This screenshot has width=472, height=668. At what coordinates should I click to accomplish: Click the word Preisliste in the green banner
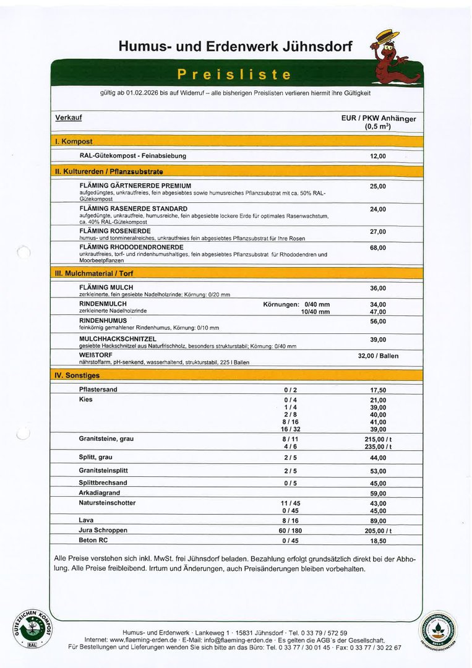(x=234, y=75)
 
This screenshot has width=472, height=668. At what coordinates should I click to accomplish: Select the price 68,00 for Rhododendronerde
(x=377, y=247)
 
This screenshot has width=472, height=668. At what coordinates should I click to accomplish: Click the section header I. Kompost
(x=74, y=142)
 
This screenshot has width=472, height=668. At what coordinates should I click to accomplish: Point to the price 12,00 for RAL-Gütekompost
(x=377, y=156)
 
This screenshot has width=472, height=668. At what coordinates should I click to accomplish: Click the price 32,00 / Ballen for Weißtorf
(x=378, y=356)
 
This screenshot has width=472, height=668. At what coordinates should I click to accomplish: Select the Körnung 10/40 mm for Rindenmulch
(x=315, y=312)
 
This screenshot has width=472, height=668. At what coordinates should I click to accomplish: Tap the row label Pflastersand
(x=98, y=390)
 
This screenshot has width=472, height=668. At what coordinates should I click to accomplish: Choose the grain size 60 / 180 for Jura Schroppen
(x=290, y=531)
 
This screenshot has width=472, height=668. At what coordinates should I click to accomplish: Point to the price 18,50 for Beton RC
(x=378, y=541)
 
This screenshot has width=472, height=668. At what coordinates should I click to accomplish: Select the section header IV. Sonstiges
(x=77, y=375)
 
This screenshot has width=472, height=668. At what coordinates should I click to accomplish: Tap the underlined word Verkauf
(x=68, y=118)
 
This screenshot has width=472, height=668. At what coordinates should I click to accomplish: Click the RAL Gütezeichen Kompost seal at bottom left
(x=33, y=625)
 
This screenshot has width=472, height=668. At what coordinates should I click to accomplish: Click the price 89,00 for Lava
(x=378, y=521)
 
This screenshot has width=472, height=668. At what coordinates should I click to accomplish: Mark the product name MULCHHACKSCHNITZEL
(x=118, y=339)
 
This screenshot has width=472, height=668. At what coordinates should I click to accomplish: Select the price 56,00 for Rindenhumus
(x=378, y=321)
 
